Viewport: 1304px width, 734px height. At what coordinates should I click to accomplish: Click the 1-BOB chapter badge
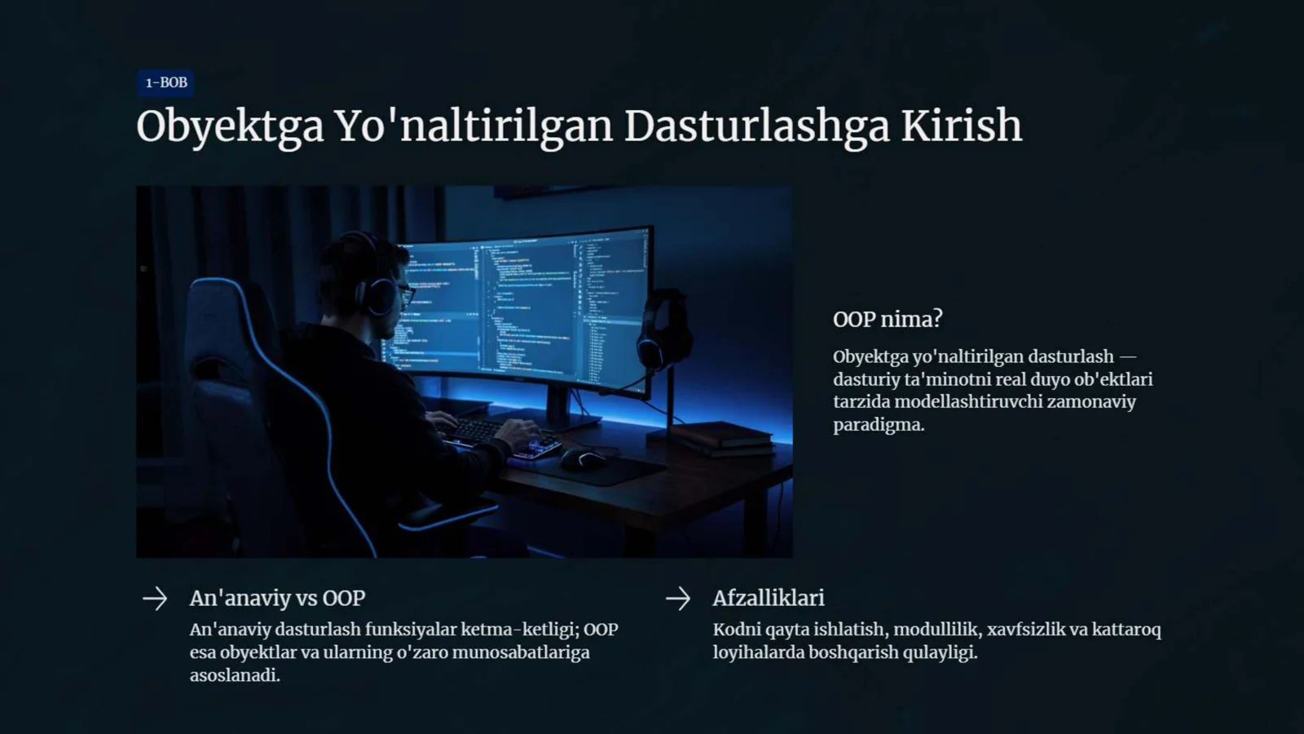[165, 82]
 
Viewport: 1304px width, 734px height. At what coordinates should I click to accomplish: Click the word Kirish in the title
[961, 126]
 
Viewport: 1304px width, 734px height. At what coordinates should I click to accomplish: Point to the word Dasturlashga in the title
[756, 126]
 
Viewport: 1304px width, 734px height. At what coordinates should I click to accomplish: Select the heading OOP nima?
[888, 319]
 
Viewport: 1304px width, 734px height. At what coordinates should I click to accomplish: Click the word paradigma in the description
[878, 425]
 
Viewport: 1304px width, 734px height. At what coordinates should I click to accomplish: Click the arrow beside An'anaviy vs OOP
[155, 599]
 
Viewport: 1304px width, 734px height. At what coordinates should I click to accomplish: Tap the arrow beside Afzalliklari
[677, 599]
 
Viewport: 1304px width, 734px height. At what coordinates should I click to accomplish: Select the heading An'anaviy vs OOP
[277, 598]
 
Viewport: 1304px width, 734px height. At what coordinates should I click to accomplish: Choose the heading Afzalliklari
[768, 598]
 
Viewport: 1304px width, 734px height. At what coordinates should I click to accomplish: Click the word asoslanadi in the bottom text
[234, 675]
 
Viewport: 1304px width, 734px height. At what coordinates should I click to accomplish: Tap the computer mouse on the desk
[582, 458]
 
